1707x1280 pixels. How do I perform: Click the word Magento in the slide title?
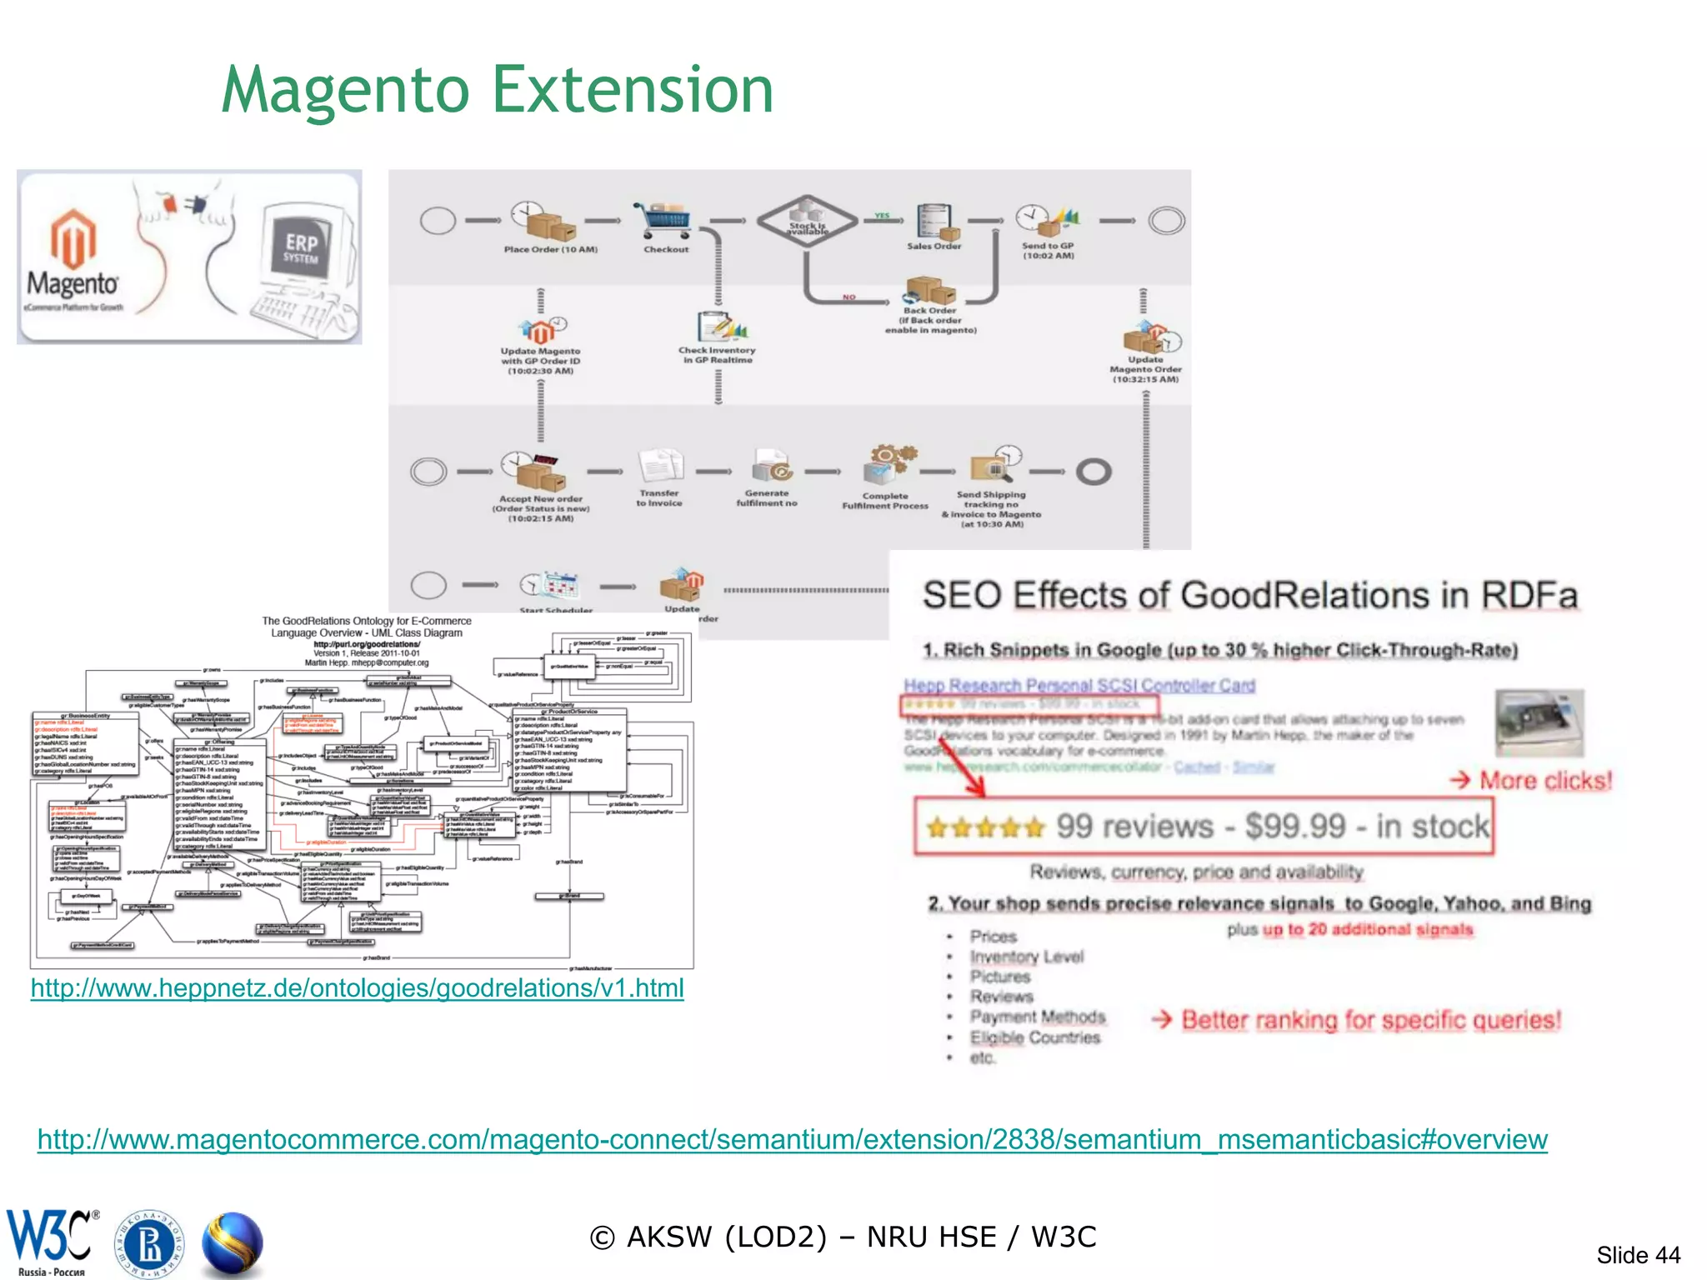click(x=346, y=90)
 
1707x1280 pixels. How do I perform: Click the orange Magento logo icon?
click(x=73, y=237)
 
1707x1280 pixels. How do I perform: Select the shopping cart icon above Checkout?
click(x=663, y=220)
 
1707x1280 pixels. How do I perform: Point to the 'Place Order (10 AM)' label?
click(x=550, y=249)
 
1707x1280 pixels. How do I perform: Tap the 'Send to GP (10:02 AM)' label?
click(x=1048, y=251)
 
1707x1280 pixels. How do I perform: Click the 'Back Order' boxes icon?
click(x=930, y=291)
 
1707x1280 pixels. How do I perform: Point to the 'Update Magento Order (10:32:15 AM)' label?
click(x=1145, y=369)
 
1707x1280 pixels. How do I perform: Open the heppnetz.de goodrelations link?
click(x=357, y=988)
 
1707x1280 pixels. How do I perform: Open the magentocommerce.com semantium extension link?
click(x=792, y=1139)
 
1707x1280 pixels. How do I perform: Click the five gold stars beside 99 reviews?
click(x=985, y=827)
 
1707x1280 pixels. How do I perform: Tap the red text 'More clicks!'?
click(x=1545, y=781)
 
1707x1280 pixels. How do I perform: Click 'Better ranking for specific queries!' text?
click(x=1370, y=1020)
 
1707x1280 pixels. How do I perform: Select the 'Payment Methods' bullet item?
click(x=1037, y=1017)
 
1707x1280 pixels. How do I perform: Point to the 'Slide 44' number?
click(x=1638, y=1255)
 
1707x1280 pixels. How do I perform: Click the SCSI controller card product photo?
click(x=1539, y=722)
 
